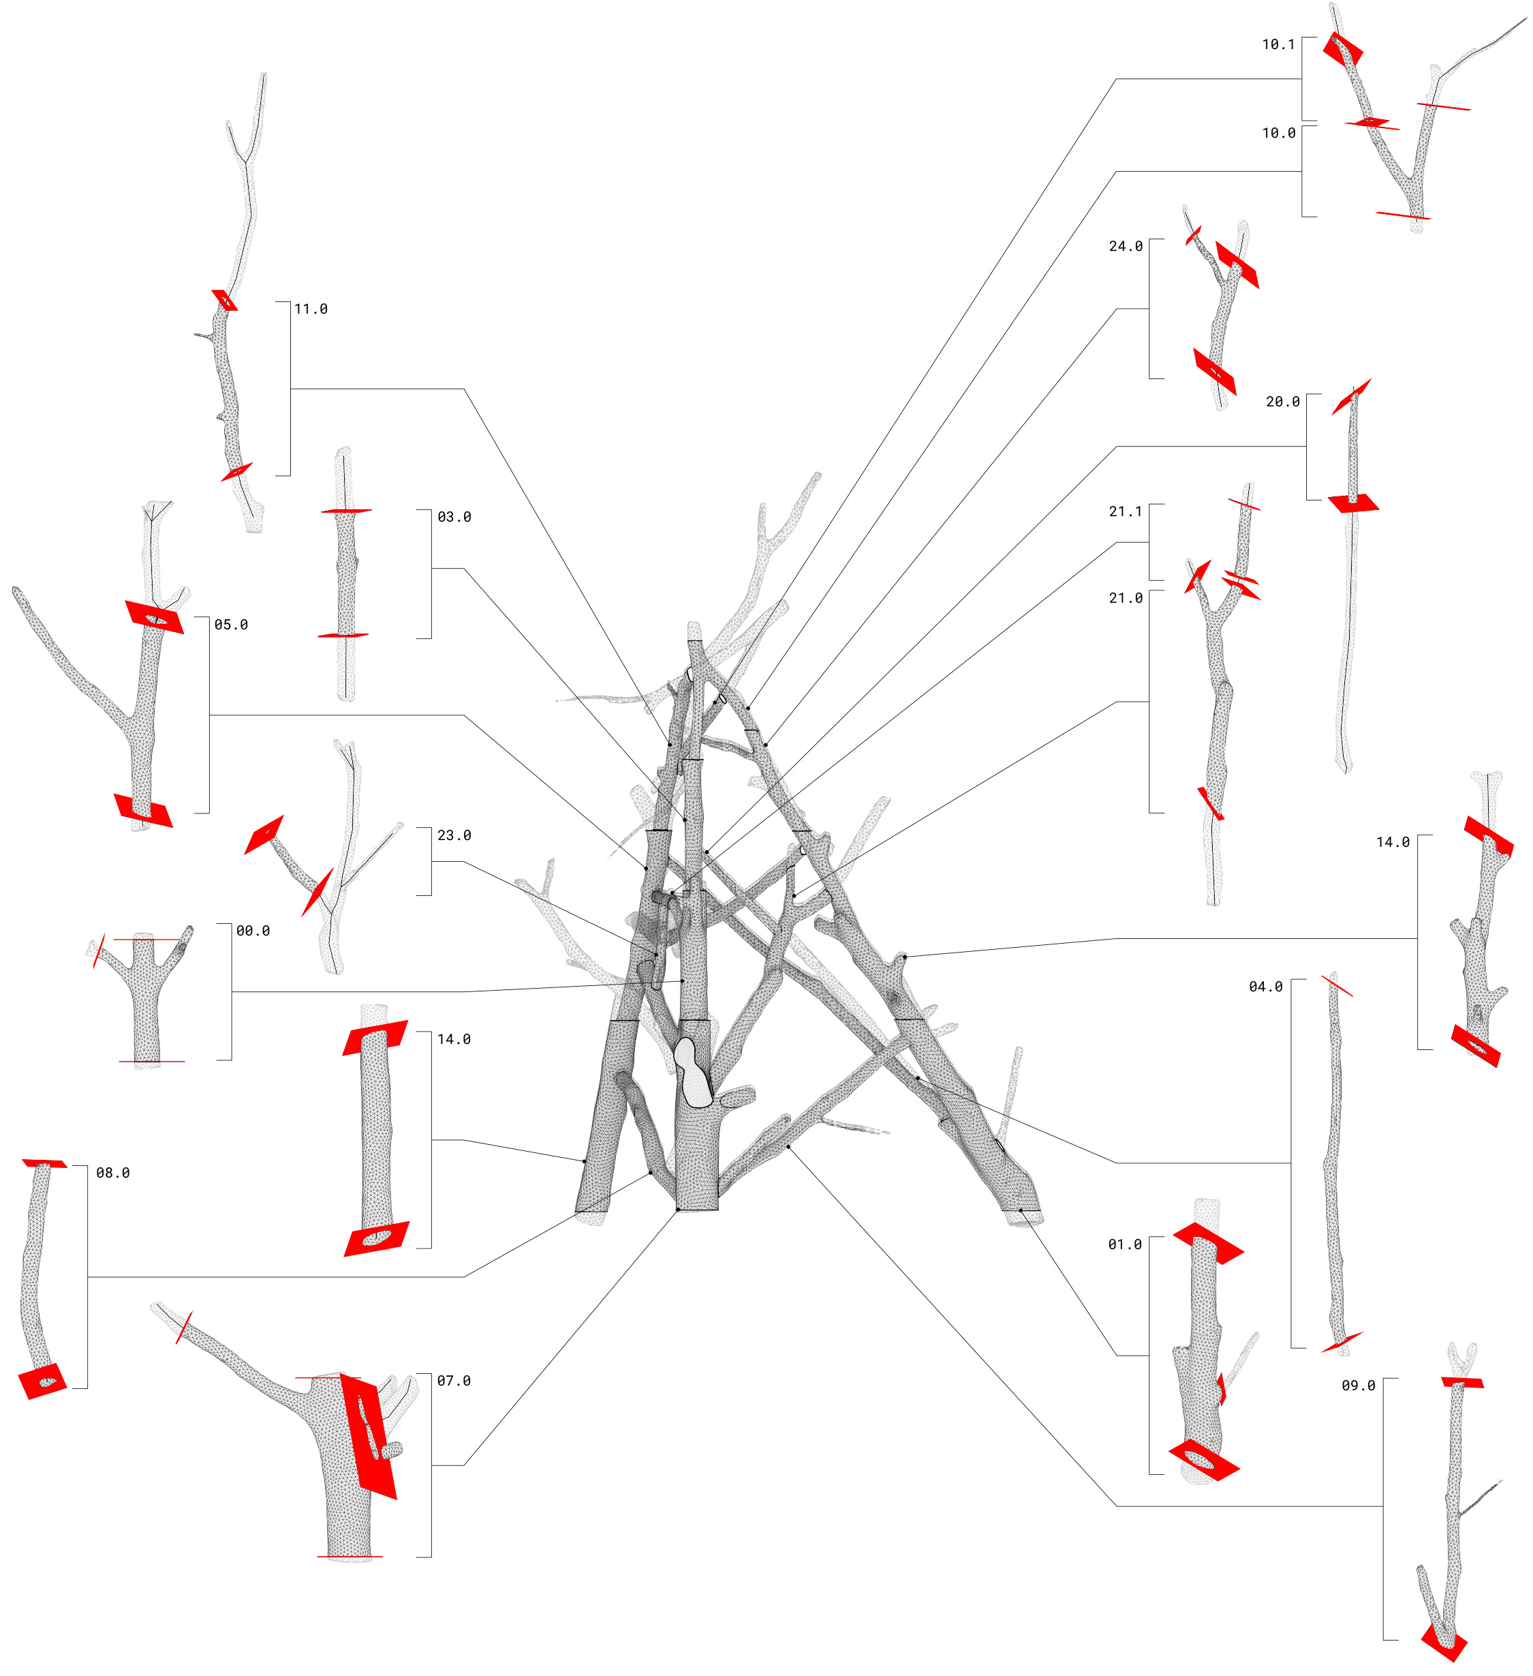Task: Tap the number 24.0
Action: [x=1125, y=247]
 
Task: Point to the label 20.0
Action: [x=1282, y=402]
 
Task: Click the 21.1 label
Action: [x=1125, y=512]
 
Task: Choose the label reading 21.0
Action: [x=1125, y=599]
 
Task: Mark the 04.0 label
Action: [x=1265, y=987]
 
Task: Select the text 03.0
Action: [x=454, y=517]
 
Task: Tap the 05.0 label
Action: [x=231, y=625]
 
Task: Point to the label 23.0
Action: [x=454, y=835]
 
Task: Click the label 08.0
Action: [x=113, y=1173]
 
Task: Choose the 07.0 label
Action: [x=454, y=1381]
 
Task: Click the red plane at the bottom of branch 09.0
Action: [x=1444, y=1642]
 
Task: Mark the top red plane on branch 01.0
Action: [x=1207, y=1242]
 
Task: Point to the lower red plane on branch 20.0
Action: [x=1352, y=503]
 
